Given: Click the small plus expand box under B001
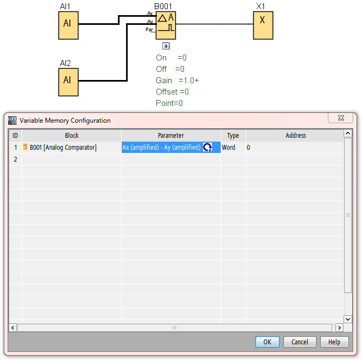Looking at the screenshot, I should [x=166, y=46].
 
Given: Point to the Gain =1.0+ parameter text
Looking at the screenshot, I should [x=177, y=81].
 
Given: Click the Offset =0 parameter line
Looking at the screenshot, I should [x=172, y=92].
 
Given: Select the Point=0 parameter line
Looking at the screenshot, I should [x=169, y=103].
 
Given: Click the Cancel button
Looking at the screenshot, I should [x=300, y=342].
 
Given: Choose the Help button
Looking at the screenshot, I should [x=334, y=342].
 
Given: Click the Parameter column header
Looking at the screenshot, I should [x=171, y=136].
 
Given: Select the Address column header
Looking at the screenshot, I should [x=295, y=136].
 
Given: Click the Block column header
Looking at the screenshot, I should [x=71, y=136].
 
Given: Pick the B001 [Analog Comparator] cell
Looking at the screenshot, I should [x=63, y=148].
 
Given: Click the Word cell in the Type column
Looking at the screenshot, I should [x=229, y=148].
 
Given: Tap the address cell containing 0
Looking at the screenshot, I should [x=248, y=148].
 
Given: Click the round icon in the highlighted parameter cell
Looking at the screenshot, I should [x=207, y=148].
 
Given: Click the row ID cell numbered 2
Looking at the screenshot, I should [x=15, y=159].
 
